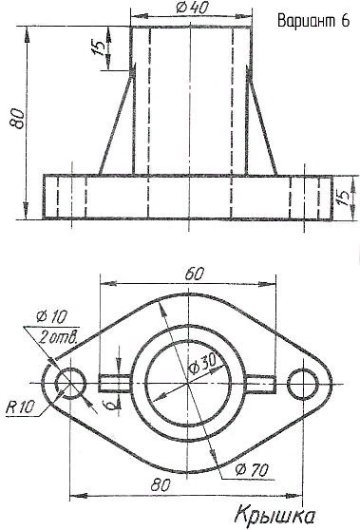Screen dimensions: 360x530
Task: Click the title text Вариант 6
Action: [313, 21]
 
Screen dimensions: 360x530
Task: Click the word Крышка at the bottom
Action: [275, 516]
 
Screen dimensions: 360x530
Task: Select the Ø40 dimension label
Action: [192, 8]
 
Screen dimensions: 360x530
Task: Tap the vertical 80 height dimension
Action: [16, 119]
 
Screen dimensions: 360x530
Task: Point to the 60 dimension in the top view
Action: [194, 274]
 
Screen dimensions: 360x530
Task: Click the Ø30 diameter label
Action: [202, 364]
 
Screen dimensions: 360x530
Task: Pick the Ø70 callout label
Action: [252, 470]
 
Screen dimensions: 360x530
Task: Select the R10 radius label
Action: [20, 407]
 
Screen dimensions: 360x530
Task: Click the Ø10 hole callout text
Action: [51, 316]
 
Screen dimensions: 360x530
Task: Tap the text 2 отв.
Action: [58, 337]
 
